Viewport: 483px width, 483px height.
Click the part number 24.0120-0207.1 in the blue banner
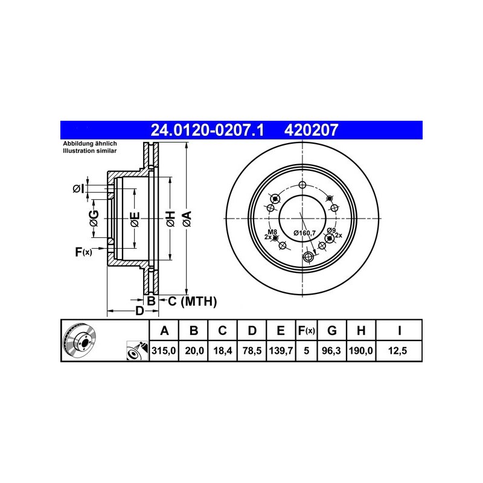(207, 130)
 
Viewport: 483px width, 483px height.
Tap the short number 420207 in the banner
(311, 130)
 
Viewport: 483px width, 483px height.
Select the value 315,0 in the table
(164, 351)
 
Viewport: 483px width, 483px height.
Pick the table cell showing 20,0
(194, 351)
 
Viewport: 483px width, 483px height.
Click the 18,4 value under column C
(222, 351)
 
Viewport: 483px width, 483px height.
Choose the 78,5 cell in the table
(252, 351)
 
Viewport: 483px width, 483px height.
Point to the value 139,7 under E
(281, 351)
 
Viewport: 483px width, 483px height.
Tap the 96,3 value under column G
(331, 351)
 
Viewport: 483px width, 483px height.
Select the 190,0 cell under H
(360, 351)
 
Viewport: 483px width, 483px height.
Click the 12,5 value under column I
(398, 351)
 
